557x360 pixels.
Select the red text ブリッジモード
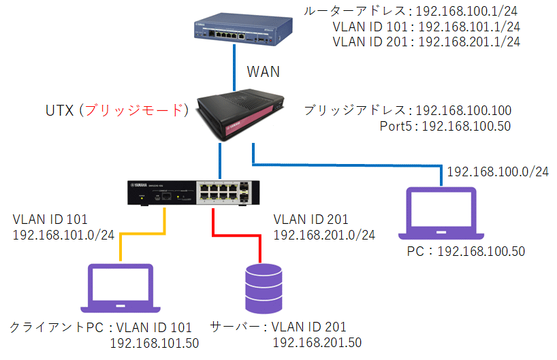[140, 110]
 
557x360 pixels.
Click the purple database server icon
[261, 286]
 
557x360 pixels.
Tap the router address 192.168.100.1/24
[468, 12]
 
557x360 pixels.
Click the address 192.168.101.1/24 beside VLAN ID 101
[468, 27]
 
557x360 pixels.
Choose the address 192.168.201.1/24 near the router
[468, 42]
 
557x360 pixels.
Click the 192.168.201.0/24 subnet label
[324, 234]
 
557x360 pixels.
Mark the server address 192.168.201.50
[317, 342]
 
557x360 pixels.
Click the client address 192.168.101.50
[154, 342]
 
